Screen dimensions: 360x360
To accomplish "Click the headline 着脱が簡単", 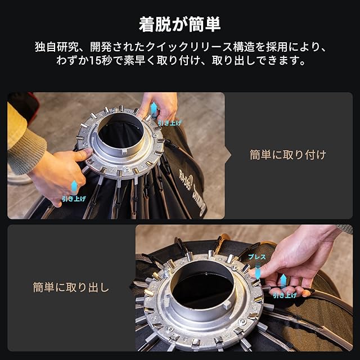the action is tap(180, 24).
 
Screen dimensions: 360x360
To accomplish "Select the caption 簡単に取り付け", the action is tap(288, 155).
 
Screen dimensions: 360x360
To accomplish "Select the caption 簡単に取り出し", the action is tap(71, 287).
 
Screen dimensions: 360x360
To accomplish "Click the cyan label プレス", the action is tap(257, 257).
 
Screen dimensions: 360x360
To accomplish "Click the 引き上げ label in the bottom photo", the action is tap(285, 295).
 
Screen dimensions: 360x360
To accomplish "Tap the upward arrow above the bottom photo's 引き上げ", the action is tap(283, 280).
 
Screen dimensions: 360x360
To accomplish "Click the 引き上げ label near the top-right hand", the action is tap(170, 123).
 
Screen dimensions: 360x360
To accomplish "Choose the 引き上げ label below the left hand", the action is tap(74, 199).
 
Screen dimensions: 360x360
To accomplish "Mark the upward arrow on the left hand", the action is tap(74, 187).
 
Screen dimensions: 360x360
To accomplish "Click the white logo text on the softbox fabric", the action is tap(192, 192).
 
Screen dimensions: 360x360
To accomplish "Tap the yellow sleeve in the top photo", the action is tap(16, 124).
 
